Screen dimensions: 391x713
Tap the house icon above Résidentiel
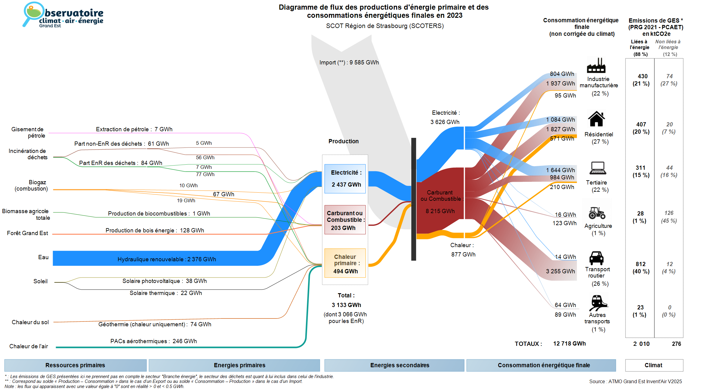pyautogui.click(x=596, y=119)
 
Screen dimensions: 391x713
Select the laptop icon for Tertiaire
pyautogui.click(x=597, y=168)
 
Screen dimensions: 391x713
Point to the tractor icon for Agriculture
pyautogui.click(x=597, y=213)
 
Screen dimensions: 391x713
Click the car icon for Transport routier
pyautogui.click(x=596, y=258)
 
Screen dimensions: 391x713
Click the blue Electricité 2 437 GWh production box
pyautogui.click(x=345, y=178)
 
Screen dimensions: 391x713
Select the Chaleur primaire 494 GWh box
pyautogui.click(x=345, y=263)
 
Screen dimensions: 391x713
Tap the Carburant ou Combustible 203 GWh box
pyautogui.click(x=345, y=220)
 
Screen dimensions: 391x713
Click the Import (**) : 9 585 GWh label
pyautogui.click(x=349, y=63)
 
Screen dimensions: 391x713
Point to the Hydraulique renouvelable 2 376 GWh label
pyautogui.click(x=167, y=259)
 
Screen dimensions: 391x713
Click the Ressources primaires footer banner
pyautogui.click(x=75, y=365)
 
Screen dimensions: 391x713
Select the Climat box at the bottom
pyautogui.click(x=654, y=365)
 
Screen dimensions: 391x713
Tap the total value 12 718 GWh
pyautogui.click(x=569, y=344)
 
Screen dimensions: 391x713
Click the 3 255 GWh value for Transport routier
pyautogui.click(x=560, y=271)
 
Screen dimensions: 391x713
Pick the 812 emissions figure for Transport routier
pyautogui.click(x=640, y=264)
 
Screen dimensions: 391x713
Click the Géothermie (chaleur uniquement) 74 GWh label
pyautogui.click(x=155, y=324)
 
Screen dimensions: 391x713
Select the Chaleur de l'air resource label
pyautogui.click(x=29, y=346)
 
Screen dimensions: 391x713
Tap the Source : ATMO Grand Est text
pyautogui.click(x=635, y=381)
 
